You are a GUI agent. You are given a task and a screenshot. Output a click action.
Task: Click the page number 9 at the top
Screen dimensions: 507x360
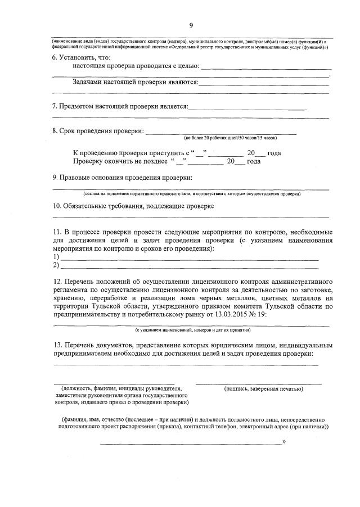[x=191, y=25]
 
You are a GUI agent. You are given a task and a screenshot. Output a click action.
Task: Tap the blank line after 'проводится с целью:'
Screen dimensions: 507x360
[x=264, y=69]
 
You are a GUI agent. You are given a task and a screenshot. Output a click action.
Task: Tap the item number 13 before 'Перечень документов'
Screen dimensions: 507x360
[x=57, y=344]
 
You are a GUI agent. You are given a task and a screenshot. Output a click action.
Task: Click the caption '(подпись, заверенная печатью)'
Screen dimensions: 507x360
[x=263, y=388]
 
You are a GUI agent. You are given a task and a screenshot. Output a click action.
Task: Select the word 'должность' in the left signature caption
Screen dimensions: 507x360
[x=76, y=388]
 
